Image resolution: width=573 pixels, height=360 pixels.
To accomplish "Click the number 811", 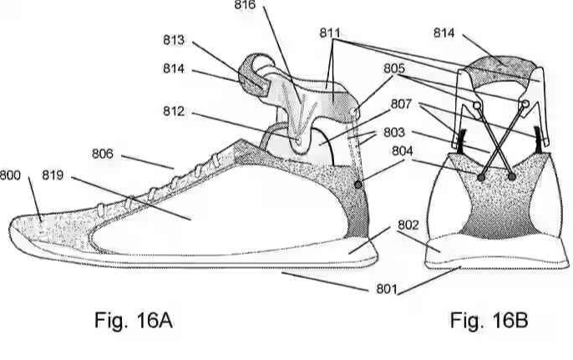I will click(332, 33).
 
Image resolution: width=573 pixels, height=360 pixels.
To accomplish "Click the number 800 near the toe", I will click(11, 176).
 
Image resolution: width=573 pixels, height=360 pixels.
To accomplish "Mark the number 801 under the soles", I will click(384, 289).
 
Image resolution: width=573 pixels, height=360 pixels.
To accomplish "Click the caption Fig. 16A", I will click(136, 321).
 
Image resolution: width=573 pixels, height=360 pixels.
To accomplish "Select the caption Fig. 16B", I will click(489, 321).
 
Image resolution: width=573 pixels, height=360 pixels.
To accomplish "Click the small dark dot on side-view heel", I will click(359, 185).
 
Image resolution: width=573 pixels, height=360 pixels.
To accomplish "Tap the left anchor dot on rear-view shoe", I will click(482, 177).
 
